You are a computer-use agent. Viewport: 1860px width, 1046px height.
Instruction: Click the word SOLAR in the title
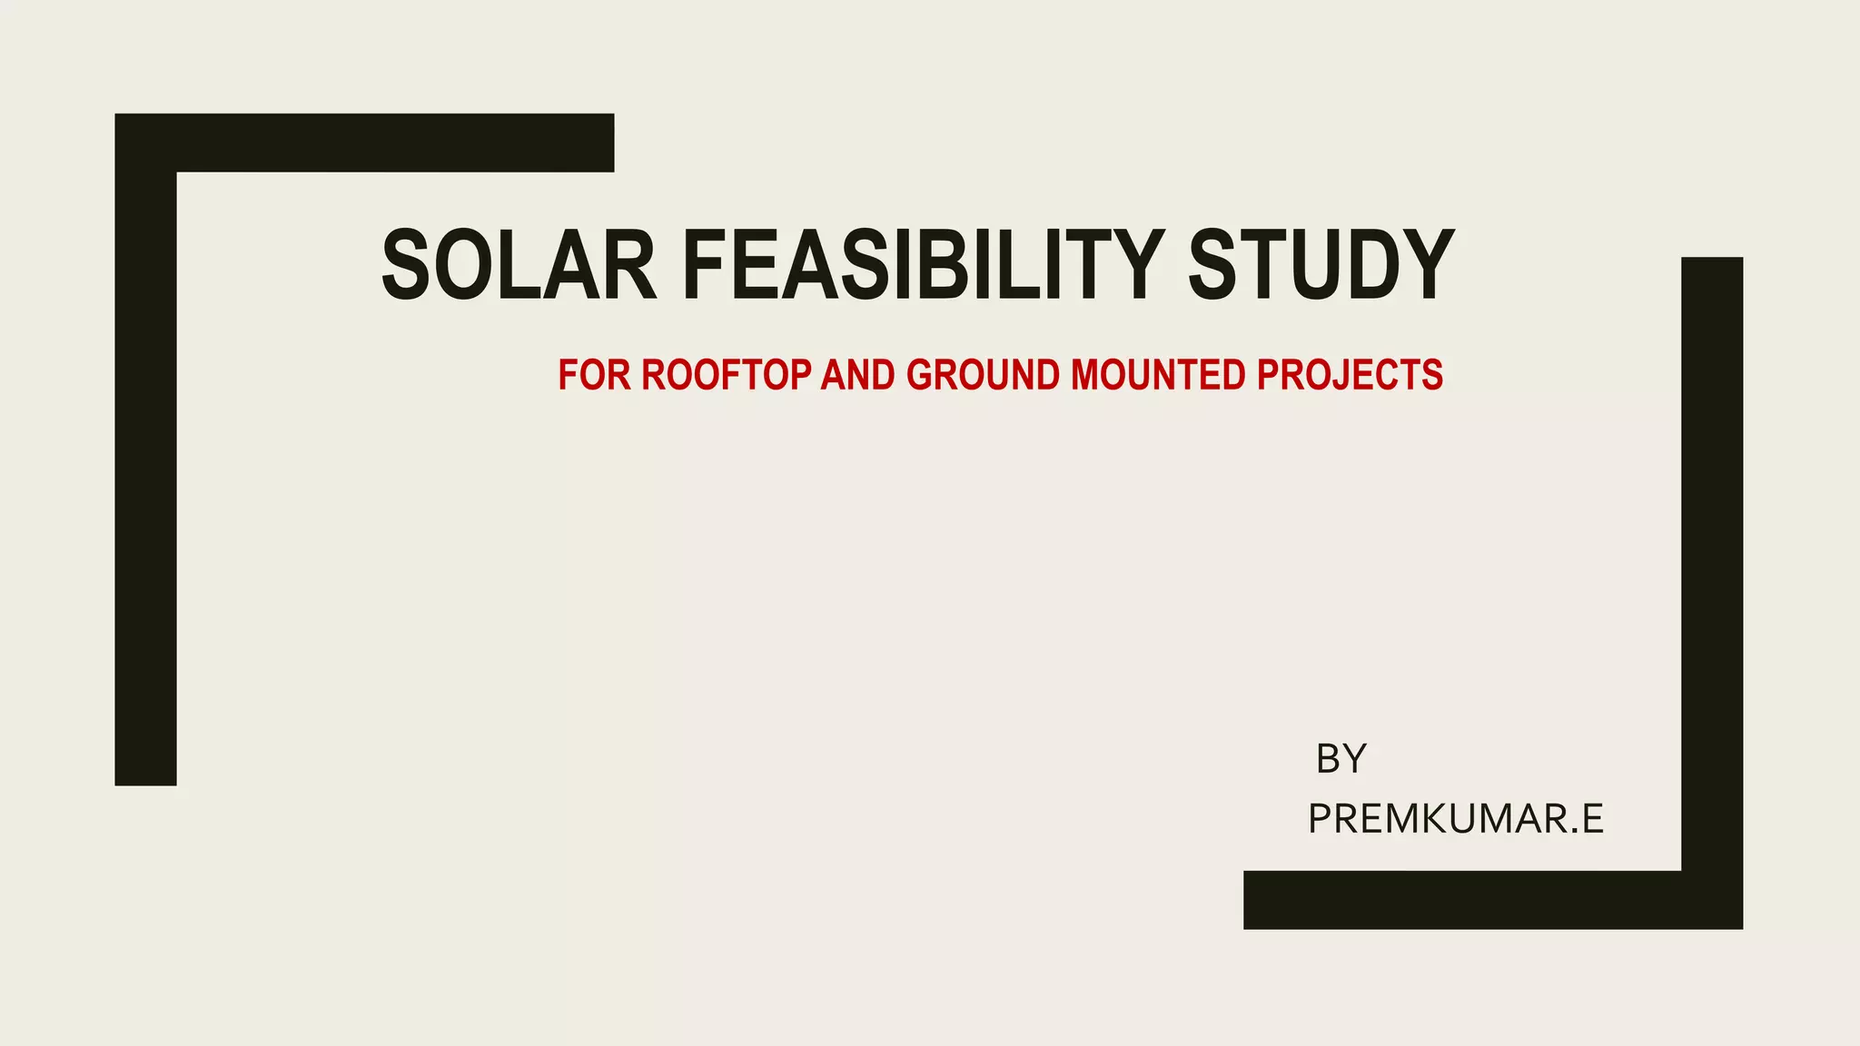pyautogui.click(x=519, y=265)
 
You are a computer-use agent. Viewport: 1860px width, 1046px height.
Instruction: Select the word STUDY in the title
pyautogui.click(x=1321, y=265)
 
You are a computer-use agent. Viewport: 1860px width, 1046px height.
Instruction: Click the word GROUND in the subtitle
pyautogui.click(x=983, y=375)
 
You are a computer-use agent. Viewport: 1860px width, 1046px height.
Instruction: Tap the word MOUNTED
pyautogui.click(x=1158, y=375)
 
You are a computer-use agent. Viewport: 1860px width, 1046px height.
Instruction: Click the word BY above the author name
pyautogui.click(x=1341, y=759)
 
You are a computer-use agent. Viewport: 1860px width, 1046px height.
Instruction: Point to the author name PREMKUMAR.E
pyautogui.click(x=1456, y=819)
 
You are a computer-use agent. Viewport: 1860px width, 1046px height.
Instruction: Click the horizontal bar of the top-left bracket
pyautogui.click(x=391, y=143)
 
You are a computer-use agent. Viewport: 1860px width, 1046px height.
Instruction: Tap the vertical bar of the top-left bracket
pyautogui.click(x=145, y=481)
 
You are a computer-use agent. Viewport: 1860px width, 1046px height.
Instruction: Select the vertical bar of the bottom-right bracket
pyautogui.click(x=1712, y=563)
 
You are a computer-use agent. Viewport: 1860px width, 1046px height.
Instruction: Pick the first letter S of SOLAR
pyautogui.click(x=405, y=265)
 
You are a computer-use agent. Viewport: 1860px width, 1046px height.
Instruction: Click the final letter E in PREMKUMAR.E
pyautogui.click(x=1592, y=819)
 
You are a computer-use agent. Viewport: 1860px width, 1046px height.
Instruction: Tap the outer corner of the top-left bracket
pyautogui.click(x=118, y=117)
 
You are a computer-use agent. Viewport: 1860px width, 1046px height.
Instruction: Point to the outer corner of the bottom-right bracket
pyautogui.click(x=1739, y=925)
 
